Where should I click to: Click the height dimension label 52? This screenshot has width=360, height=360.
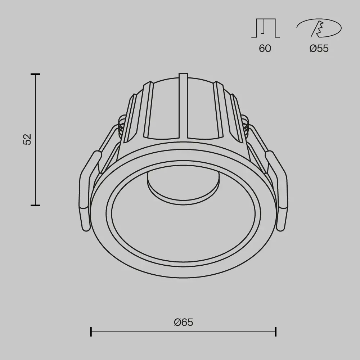pos(28,139)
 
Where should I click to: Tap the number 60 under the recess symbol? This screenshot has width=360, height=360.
pos(265,48)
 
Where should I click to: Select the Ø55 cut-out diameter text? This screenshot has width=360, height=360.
pos(319,48)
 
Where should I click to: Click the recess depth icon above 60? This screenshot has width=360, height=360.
pos(265,28)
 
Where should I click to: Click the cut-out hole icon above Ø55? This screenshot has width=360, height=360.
pos(319,28)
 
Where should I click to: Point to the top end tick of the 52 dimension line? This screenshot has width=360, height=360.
pos(35,74)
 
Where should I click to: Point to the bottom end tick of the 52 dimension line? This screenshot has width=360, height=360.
pos(35,205)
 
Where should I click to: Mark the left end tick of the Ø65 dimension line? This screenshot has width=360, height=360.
pos(91,331)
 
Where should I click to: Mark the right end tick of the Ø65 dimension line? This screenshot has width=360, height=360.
pos(276,331)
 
